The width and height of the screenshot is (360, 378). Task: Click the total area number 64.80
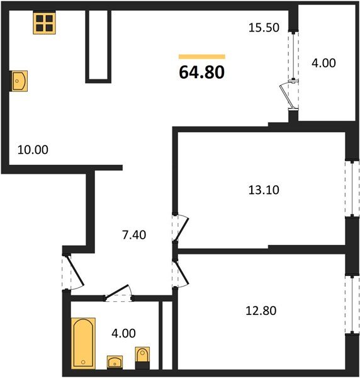click(x=202, y=72)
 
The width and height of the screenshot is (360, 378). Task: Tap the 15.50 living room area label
click(x=264, y=28)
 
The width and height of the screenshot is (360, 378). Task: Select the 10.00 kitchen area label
click(x=33, y=150)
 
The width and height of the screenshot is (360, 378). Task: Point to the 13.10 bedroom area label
click(x=264, y=190)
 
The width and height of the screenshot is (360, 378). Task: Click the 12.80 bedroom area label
click(x=261, y=311)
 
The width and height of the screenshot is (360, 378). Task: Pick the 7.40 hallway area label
click(x=134, y=235)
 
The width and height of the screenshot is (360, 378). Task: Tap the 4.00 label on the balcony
click(x=323, y=63)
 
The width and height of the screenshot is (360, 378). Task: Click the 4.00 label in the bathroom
click(x=123, y=333)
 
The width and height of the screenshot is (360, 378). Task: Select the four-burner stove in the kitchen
click(x=45, y=23)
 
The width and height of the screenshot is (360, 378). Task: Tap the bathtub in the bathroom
click(x=83, y=343)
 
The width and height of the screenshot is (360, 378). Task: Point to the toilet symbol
click(x=142, y=357)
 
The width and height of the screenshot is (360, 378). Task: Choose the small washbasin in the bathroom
click(x=115, y=362)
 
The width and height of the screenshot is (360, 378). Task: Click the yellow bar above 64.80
click(x=202, y=57)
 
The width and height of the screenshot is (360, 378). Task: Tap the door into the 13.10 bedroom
click(x=180, y=227)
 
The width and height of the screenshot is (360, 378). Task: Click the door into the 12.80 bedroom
click(x=180, y=273)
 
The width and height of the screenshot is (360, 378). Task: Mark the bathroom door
click(x=118, y=294)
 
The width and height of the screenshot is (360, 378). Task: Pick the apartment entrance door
click(x=73, y=272)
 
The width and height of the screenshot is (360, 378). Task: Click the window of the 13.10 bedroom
click(x=352, y=188)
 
